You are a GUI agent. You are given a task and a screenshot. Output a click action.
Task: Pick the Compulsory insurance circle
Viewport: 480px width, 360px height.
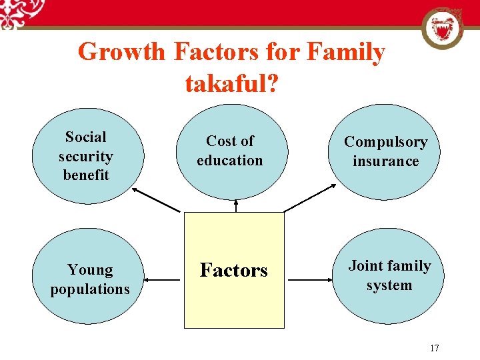tap(385, 152)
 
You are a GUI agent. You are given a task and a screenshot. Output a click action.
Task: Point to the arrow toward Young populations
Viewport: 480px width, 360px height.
tap(165, 280)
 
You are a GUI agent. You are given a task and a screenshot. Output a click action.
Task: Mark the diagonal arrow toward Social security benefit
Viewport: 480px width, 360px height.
tap(156, 200)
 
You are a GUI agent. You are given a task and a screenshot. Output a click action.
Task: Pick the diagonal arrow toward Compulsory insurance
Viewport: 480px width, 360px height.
tap(311, 199)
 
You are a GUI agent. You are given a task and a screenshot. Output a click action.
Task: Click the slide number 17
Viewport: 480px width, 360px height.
tap(435, 348)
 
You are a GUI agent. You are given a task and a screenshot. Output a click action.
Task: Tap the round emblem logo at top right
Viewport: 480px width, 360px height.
tap(442, 28)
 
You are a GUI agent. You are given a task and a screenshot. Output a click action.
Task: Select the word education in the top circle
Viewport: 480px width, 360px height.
tap(230, 161)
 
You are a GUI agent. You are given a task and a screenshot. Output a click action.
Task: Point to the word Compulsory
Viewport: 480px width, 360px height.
tap(385, 142)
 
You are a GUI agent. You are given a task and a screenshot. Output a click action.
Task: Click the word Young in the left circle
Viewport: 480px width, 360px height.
tap(90, 270)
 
